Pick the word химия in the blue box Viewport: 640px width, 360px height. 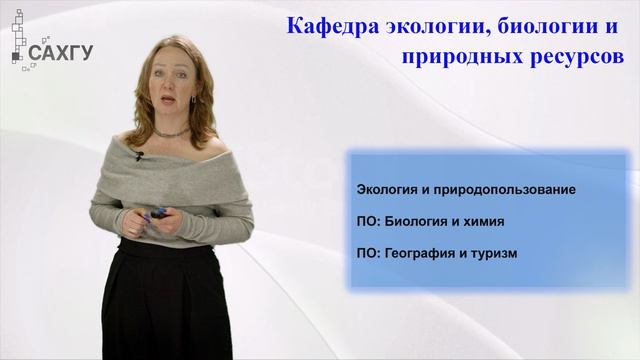tap(483, 221)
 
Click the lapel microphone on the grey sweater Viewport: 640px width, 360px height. tap(140, 155)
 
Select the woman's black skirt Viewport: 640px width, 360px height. tap(165, 300)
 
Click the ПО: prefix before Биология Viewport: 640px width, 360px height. tap(367, 221)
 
